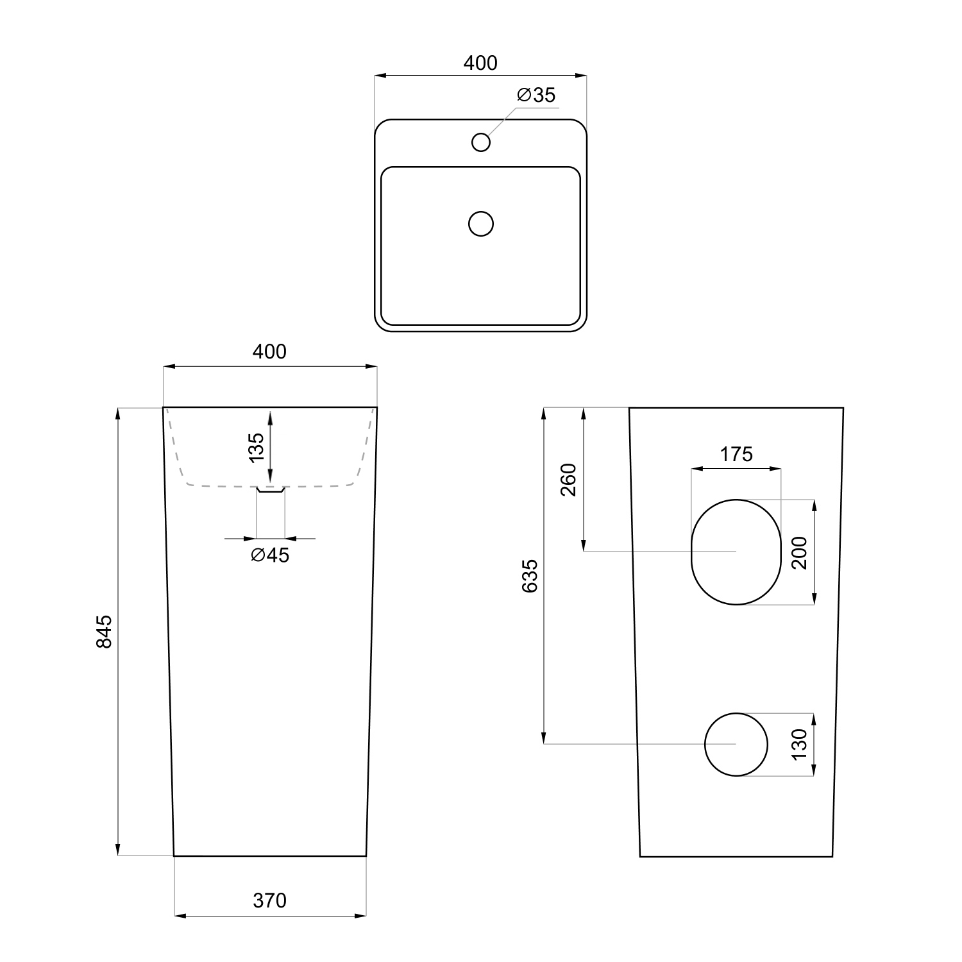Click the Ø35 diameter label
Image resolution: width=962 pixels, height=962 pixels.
click(x=536, y=96)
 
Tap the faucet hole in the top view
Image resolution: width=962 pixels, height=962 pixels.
click(x=481, y=142)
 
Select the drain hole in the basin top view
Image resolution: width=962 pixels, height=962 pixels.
click(x=481, y=224)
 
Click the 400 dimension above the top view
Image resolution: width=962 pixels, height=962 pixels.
click(x=480, y=63)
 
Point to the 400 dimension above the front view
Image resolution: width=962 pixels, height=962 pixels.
click(x=269, y=351)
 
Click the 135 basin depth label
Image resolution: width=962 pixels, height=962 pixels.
click(x=256, y=448)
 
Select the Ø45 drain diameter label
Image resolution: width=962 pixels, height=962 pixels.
click(x=270, y=555)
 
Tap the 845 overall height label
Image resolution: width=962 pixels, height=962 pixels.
click(x=104, y=632)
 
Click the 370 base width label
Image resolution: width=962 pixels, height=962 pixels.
click(x=269, y=901)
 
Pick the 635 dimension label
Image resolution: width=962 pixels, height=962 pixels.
click(x=530, y=576)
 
